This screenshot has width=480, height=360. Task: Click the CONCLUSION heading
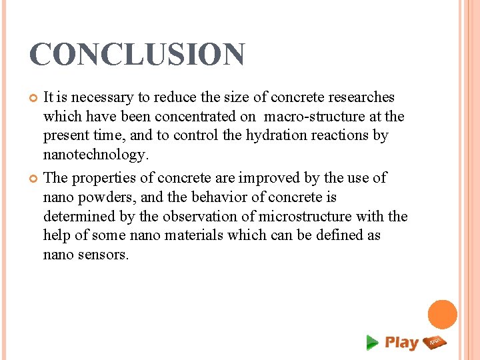tap(137, 55)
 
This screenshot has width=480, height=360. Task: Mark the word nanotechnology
tap(93, 155)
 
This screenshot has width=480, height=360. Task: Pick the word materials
tap(192, 235)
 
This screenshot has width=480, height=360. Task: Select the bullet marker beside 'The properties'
tap(34, 179)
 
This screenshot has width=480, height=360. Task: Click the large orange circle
tap(442, 315)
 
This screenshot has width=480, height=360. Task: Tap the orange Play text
tap(401, 343)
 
